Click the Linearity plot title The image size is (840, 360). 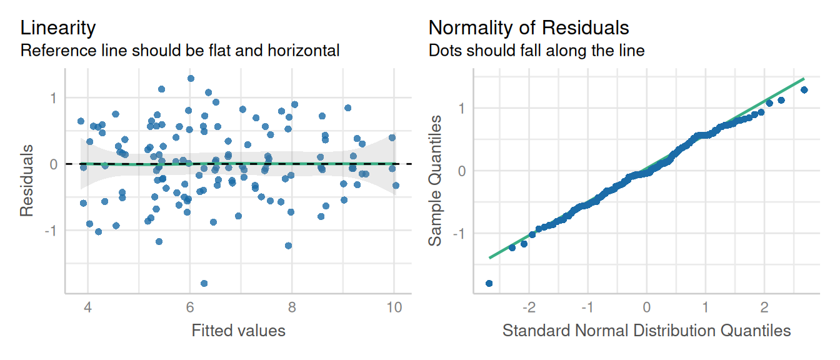coord(58,28)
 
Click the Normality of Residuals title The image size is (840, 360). coord(529,27)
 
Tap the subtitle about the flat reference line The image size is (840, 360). coord(180,51)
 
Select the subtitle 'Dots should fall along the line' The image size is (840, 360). coord(537,51)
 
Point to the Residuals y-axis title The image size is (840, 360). coord(27,181)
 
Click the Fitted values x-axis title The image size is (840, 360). coord(239,331)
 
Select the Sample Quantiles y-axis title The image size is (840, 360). coord(435,181)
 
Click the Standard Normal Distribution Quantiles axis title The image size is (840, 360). coord(646,331)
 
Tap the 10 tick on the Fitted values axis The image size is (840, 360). coord(394,307)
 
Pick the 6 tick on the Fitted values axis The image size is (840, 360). coord(190,307)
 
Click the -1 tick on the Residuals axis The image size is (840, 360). coord(51,231)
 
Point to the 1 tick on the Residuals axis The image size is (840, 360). coord(53,98)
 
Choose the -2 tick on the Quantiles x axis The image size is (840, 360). coord(529,307)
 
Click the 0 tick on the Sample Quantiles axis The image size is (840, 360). coord(462,171)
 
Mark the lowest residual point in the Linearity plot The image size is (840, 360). coord(204,283)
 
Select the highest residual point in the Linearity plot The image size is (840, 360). coord(191,78)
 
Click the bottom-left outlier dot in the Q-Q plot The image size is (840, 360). coord(489,283)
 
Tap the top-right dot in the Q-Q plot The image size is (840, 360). coord(804,89)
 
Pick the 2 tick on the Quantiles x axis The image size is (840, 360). coord(764,307)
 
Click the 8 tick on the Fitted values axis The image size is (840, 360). coord(292,307)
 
